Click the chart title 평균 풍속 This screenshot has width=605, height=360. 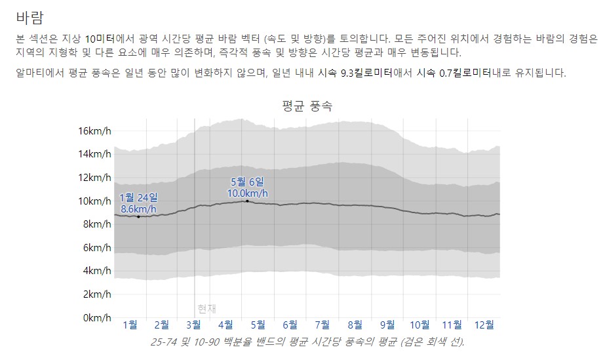(307, 106)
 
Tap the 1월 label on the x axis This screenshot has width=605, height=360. (130, 324)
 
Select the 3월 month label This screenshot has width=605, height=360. (194, 324)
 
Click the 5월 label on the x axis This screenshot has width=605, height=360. (258, 324)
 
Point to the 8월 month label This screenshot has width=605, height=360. (355, 324)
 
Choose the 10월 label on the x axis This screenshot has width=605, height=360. (420, 324)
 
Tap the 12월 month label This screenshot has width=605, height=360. (484, 324)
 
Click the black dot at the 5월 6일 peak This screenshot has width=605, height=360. (247, 201)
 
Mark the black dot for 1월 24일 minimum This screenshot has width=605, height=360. (138, 216)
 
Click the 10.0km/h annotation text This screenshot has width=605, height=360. (247, 193)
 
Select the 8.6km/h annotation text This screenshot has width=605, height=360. (138, 209)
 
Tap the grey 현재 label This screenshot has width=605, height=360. (206, 309)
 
